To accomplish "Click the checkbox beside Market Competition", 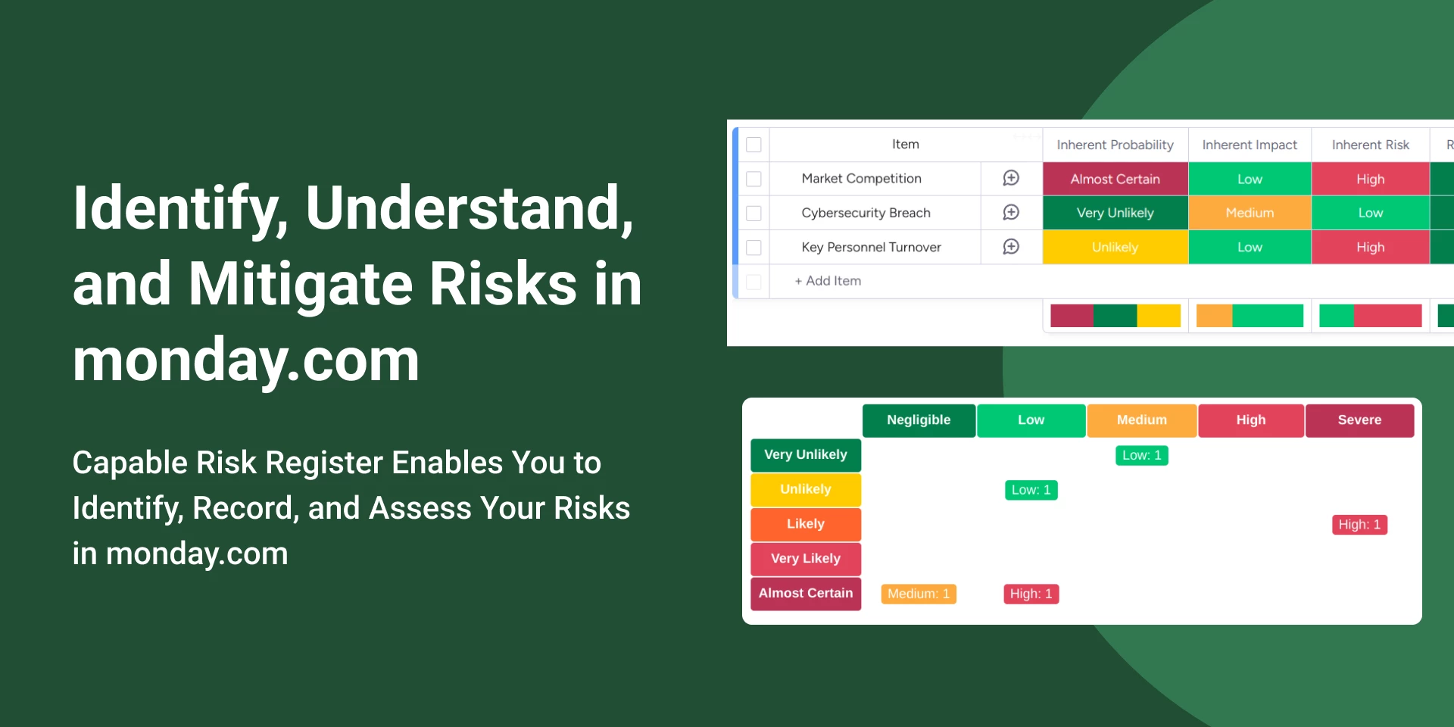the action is (x=754, y=179).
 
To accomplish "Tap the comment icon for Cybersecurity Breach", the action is (x=1011, y=213).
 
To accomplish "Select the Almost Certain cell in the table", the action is (x=1115, y=179).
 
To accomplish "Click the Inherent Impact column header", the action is (x=1250, y=145).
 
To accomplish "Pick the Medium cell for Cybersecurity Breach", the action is (x=1250, y=213).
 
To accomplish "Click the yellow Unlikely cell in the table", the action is (x=1115, y=247).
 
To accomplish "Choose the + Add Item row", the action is (x=828, y=281).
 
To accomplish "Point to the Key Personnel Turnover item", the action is (x=871, y=247).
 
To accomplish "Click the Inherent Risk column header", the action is (x=1370, y=145).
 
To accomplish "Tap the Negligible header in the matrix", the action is (x=919, y=420).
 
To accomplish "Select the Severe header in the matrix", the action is (x=1359, y=420).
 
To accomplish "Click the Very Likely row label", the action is (x=806, y=559).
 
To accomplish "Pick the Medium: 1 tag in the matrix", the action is (x=919, y=594).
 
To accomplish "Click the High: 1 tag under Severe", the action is (x=1359, y=525).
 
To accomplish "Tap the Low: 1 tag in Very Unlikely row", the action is (x=1141, y=455).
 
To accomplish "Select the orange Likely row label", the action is (x=806, y=524).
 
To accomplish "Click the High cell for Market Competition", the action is (x=1370, y=179).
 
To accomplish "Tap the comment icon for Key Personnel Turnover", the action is (x=1011, y=247).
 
